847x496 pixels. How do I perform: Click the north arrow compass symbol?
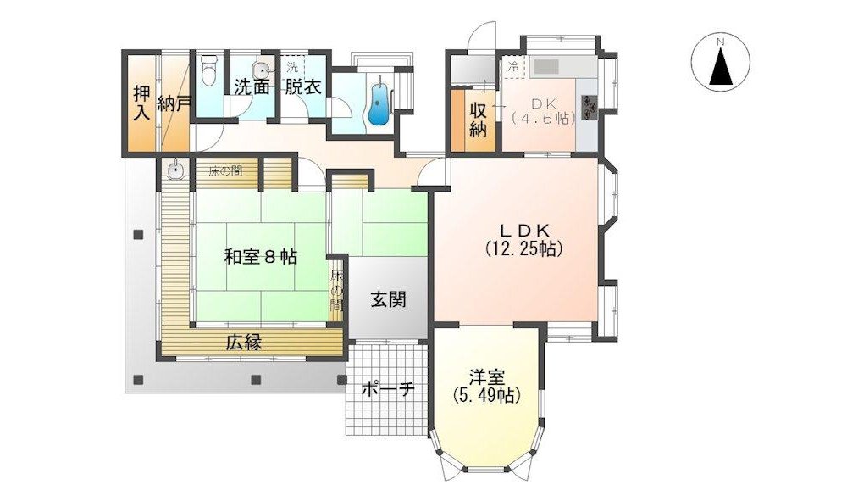point(721,62)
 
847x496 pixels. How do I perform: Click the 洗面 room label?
point(252,86)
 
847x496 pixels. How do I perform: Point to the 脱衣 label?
point(303,86)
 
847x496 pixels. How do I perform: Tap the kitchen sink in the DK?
point(546,67)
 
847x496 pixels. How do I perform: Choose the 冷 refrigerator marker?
point(514,67)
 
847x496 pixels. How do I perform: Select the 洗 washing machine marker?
point(292,67)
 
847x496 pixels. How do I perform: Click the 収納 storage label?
point(478,120)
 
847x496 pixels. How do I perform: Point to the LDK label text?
point(524,229)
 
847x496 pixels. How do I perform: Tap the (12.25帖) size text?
point(524,248)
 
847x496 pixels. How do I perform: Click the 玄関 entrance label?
point(389,298)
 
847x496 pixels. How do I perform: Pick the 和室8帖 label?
point(261,256)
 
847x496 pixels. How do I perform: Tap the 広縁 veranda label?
point(244,342)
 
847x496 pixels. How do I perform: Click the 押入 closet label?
point(142,103)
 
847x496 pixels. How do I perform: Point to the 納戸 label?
point(174,103)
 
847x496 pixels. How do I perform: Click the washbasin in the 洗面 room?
point(262,69)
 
